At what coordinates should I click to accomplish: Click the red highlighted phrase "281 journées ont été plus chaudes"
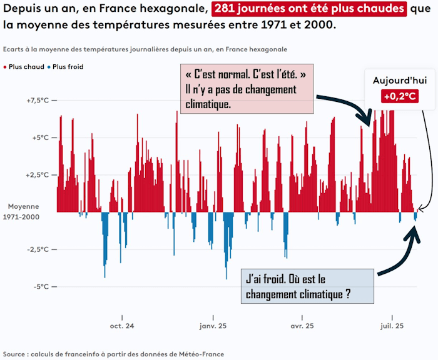pyautogui.click(x=309, y=9)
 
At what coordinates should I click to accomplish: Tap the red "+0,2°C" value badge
pyautogui.click(x=400, y=96)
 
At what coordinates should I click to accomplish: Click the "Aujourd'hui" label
pyautogui.click(x=399, y=81)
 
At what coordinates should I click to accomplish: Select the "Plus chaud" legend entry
pyautogui.click(x=23, y=66)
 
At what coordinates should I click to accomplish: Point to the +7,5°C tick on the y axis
pyautogui.click(x=36, y=101)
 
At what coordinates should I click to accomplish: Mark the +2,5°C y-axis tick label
pyautogui.click(x=36, y=175)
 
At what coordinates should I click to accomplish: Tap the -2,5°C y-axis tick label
pyautogui.click(x=36, y=249)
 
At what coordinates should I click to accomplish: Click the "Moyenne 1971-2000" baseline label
pyautogui.click(x=24, y=211)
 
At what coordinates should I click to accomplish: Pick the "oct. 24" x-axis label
pyautogui.click(x=121, y=326)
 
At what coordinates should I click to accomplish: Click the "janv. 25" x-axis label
pyautogui.click(x=213, y=326)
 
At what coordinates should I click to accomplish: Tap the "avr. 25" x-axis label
pyautogui.click(x=302, y=326)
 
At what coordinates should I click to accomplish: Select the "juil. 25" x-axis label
pyautogui.click(x=392, y=326)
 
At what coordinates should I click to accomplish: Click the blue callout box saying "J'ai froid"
pyautogui.click(x=307, y=286)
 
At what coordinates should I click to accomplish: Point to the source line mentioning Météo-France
pyautogui.click(x=113, y=354)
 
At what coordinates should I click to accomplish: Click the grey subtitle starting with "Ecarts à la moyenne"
pyautogui.click(x=145, y=49)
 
